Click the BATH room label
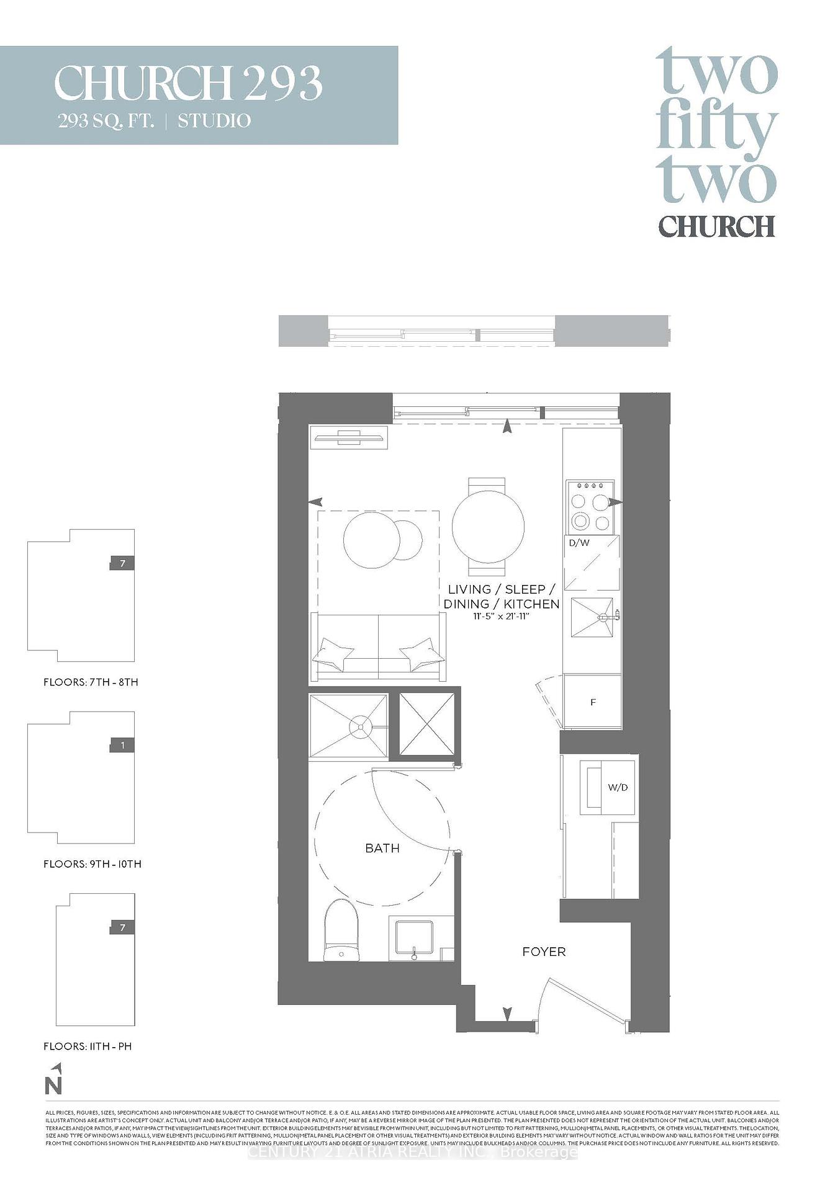[x=382, y=848]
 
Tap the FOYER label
[x=544, y=952]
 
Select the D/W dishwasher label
[x=579, y=543]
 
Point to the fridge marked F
[x=593, y=702]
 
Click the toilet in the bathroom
[x=341, y=930]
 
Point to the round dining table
[x=488, y=527]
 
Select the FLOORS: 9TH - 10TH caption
[x=92, y=863]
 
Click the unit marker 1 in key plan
[x=122, y=745]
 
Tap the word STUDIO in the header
[x=214, y=120]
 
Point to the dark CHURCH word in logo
[x=716, y=226]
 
